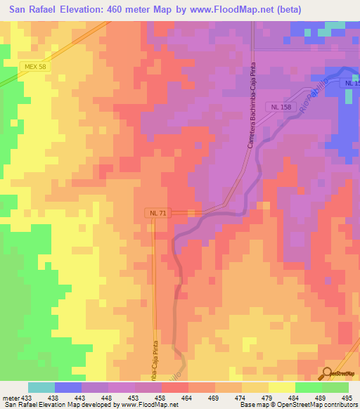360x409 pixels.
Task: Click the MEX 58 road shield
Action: [x=34, y=66]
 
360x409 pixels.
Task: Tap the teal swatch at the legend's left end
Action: [x=41, y=387]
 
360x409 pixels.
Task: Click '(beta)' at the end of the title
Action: [x=288, y=10]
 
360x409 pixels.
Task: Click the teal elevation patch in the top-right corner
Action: [x=336, y=26]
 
